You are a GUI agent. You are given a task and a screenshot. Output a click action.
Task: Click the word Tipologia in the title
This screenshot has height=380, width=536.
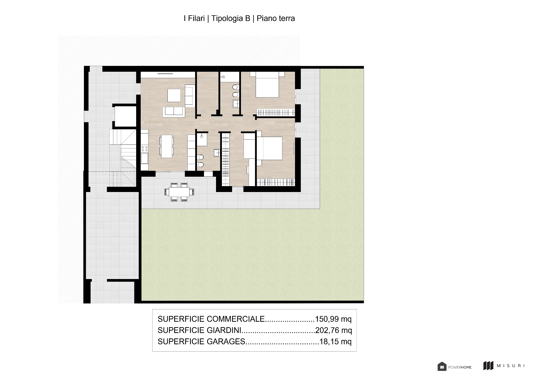coord(230,19)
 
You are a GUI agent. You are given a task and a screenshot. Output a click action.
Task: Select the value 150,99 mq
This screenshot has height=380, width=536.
coord(333,319)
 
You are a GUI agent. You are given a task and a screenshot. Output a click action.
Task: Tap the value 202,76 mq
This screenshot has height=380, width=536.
coord(334,330)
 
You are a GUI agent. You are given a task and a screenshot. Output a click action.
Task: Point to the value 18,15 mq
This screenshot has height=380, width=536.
coord(336,341)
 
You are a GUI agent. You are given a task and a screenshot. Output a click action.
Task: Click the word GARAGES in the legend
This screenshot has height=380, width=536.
coord(226,341)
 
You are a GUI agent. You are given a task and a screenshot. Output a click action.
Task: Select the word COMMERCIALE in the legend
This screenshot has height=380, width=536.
coord(236,319)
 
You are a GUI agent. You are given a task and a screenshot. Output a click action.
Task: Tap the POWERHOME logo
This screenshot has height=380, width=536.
coord(455,367)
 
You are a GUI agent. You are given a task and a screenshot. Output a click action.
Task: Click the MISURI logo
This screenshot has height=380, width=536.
coord(504,366)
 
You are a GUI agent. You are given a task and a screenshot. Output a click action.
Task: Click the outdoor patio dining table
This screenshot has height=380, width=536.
coord(179,192)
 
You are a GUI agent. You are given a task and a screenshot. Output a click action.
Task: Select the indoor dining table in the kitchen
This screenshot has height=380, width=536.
coord(166,146)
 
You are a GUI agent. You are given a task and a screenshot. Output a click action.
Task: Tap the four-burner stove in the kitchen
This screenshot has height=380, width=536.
coord(144,149)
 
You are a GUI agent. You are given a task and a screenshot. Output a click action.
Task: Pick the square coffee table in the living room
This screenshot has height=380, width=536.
coord(174,95)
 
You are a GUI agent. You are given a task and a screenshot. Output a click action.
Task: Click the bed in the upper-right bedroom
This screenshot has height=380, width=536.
coord(267,84)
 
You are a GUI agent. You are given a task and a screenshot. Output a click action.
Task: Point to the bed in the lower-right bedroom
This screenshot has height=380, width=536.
coord(269,148)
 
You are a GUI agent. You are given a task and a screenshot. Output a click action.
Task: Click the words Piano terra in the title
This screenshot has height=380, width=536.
coord(276,19)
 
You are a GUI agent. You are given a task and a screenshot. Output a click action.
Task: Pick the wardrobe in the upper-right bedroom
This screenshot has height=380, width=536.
coord(276,113)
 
